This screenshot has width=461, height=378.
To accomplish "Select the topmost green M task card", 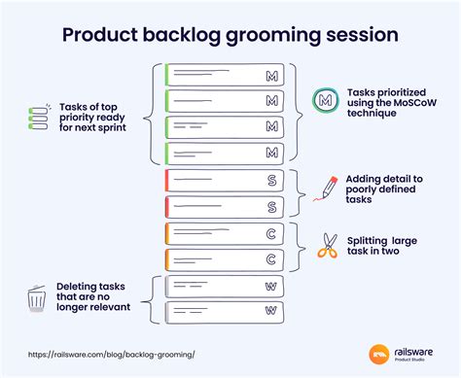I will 225,75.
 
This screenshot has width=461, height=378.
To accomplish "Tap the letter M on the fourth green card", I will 271,153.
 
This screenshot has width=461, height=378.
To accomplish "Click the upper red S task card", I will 225,180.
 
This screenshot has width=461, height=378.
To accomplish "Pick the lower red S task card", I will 225,206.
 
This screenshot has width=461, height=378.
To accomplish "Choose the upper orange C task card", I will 225,233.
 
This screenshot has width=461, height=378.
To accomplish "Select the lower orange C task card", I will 225,258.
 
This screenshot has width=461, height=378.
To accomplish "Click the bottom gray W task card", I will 225,312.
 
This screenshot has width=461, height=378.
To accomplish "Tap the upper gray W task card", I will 225,286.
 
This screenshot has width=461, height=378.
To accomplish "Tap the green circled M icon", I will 324,100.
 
